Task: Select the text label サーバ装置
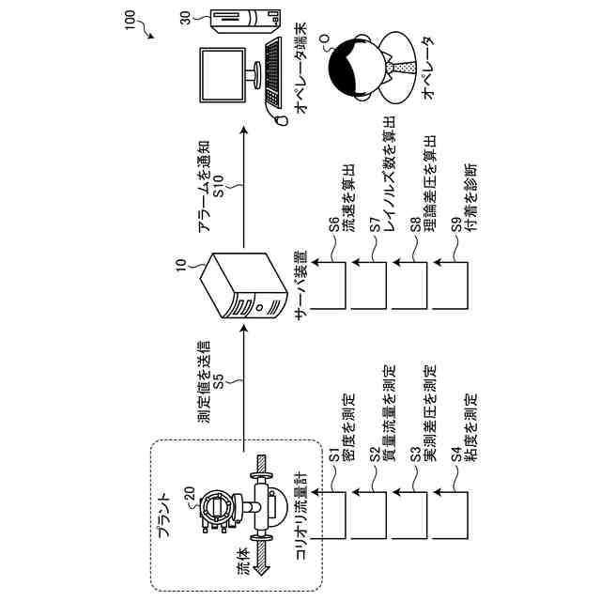tap(300, 285)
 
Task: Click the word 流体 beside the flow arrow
tap(243, 563)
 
